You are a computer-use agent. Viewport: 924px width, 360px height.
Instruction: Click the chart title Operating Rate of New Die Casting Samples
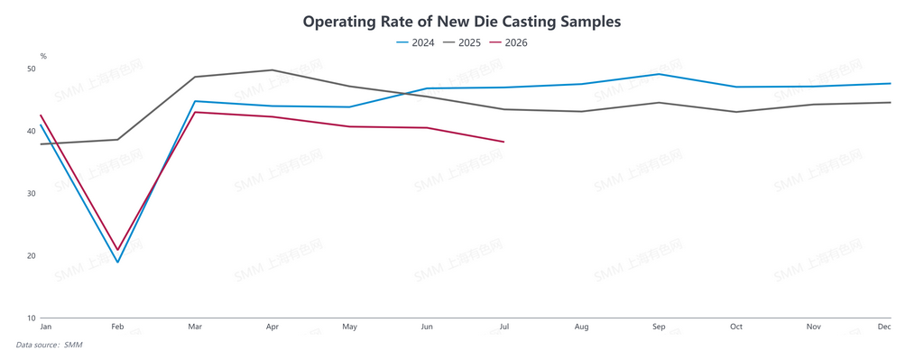tap(462, 22)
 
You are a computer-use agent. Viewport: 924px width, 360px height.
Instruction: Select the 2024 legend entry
tap(415, 42)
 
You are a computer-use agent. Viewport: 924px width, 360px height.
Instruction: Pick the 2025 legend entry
tap(462, 42)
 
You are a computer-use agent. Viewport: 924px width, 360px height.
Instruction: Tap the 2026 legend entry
tap(509, 42)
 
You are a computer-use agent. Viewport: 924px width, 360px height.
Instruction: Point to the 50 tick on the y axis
tap(32, 69)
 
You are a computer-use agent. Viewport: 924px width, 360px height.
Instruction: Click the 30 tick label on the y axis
tap(32, 193)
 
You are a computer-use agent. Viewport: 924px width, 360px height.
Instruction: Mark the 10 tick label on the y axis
tap(32, 318)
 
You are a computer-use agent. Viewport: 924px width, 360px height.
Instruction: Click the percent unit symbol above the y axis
tap(43, 56)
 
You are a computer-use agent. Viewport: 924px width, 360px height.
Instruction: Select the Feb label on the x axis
tap(118, 327)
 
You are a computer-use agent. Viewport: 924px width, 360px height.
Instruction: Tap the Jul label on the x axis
tap(504, 327)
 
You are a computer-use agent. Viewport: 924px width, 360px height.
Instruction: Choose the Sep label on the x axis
tap(659, 327)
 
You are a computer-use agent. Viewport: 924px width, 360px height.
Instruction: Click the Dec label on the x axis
tap(884, 327)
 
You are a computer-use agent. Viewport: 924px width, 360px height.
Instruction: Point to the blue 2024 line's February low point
tap(118, 263)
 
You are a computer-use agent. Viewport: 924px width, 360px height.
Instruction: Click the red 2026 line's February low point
tap(118, 250)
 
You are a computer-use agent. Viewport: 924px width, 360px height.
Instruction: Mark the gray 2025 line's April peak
tap(272, 70)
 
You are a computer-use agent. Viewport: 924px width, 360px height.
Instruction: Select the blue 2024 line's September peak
tap(659, 74)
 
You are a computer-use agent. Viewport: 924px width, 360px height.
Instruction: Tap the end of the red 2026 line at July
tap(504, 142)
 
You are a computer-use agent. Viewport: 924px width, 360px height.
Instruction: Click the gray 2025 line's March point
tap(195, 77)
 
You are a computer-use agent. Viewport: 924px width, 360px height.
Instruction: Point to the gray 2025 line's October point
tap(736, 112)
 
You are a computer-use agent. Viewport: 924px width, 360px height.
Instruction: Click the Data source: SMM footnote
tap(49, 345)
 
